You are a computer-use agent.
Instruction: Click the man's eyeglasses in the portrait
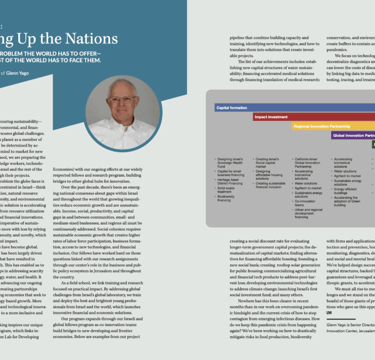[x=122, y=99]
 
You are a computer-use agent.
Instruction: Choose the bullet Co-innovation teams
[x=306, y=203]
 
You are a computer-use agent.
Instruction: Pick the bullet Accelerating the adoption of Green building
[x=347, y=201]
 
